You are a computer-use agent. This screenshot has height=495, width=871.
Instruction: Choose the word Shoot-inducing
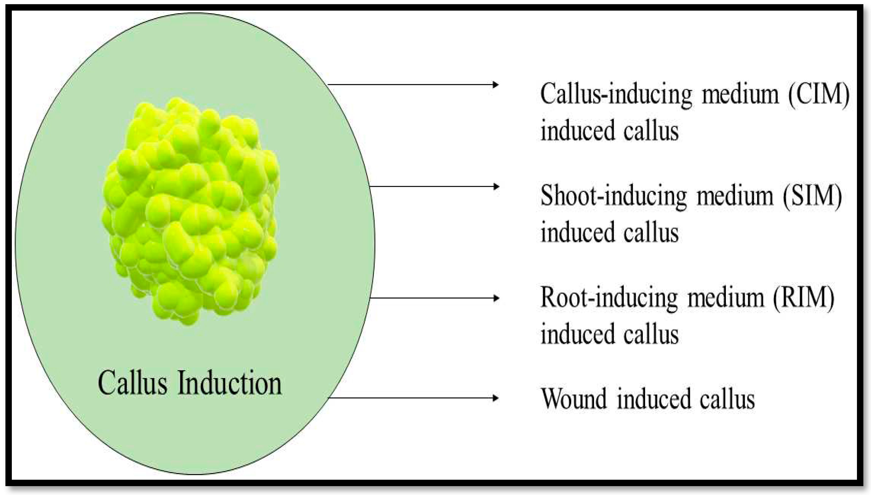pyautogui.click(x=614, y=196)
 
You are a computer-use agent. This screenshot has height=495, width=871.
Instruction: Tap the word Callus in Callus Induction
pyautogui.click(x=133, y=384)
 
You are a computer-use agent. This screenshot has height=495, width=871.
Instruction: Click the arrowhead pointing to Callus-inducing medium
pyautogui.click(x=496, y=85)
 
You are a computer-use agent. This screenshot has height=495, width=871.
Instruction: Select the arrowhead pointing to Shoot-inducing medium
pyautogui.click(x=496, y=187)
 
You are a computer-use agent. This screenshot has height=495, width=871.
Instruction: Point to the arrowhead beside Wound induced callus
pyautogui.click(x=496, y=398)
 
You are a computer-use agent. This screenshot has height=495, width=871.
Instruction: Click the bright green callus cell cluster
pyautogui.click(x=190, y=211)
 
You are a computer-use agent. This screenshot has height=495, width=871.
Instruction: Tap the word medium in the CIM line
pyautogui.click(x=741, y=94)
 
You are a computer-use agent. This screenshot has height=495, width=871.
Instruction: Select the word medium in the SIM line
pyautogui.click(x=735, y=196)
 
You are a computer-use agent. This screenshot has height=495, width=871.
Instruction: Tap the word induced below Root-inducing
pyautogui.click(x=578, y=334)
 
